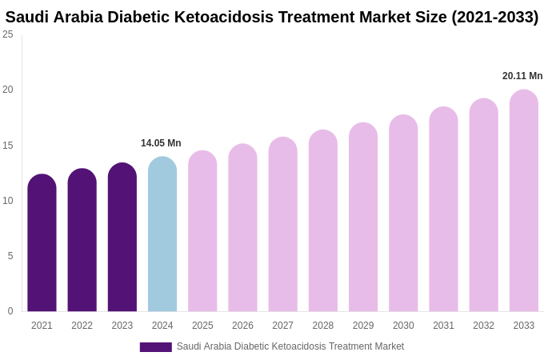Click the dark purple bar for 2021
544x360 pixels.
tap(42, 243)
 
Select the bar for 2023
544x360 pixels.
tap(122, 238)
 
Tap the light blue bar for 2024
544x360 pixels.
tap(162, 234)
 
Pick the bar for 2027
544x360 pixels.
tap(282, 225)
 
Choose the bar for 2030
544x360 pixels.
tap(403, 214)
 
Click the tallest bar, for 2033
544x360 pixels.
tap(523, 201)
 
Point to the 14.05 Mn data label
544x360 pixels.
tap(161, 143)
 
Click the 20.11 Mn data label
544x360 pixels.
tap(522, 76)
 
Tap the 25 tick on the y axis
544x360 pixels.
tap(8, 34)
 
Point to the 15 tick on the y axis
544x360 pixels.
tap(8, 146)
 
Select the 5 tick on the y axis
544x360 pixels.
tap(10, 256)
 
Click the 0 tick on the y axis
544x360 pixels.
tap(10, 311)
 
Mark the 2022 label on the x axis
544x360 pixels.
tap(82, 326)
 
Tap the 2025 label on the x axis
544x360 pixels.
tap(202, 326)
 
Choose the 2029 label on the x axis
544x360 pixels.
tap(363, 326)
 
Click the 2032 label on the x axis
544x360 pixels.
tap(483, 326)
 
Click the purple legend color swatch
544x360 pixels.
tap(155, 347)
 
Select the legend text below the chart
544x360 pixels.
tap(290, 346)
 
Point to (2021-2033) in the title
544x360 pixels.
tap(494, 17)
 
